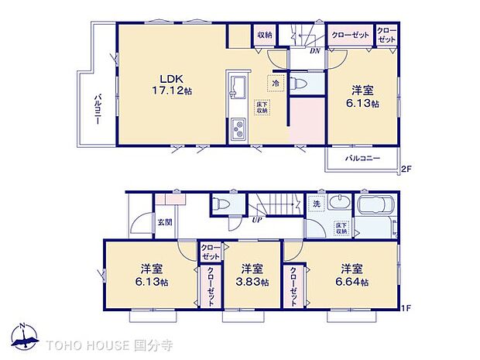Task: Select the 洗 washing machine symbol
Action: [317, 204]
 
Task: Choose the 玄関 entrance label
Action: [165, 223]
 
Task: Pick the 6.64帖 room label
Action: [351, 276]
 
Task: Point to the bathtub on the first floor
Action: [377, 207]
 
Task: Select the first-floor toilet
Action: [221, 203]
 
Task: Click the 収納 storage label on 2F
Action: [265, 35]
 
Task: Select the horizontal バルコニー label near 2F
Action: [362, 158]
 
